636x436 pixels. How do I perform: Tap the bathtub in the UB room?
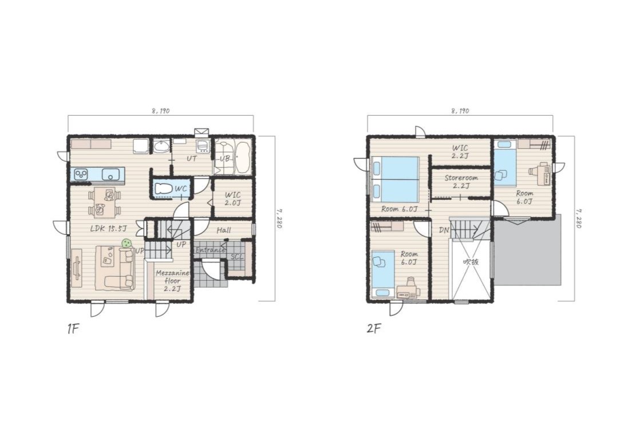[242, 157]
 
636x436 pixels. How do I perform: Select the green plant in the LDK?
[127, 243]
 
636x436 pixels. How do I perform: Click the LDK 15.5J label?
[108, 229]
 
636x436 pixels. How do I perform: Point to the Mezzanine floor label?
[172, 281]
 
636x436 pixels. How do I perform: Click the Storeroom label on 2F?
[461, 182]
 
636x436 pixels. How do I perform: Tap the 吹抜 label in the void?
[471, 262]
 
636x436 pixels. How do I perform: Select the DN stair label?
[444, 230]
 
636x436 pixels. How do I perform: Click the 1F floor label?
[73, 329]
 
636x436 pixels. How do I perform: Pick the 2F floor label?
[374, 328]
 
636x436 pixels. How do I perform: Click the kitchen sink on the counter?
[110, 175]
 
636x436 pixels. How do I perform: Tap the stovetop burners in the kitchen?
[81, 175]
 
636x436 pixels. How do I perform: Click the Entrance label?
[210, 250]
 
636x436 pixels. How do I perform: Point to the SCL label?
[237, 257]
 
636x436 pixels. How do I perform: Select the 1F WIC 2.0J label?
[232, 199]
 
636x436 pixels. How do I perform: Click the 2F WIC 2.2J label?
[460, 152]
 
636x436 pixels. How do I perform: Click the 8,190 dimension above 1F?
[161, 111]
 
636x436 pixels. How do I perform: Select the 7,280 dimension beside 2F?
[579, 219]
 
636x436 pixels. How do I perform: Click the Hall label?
[223, 230]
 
